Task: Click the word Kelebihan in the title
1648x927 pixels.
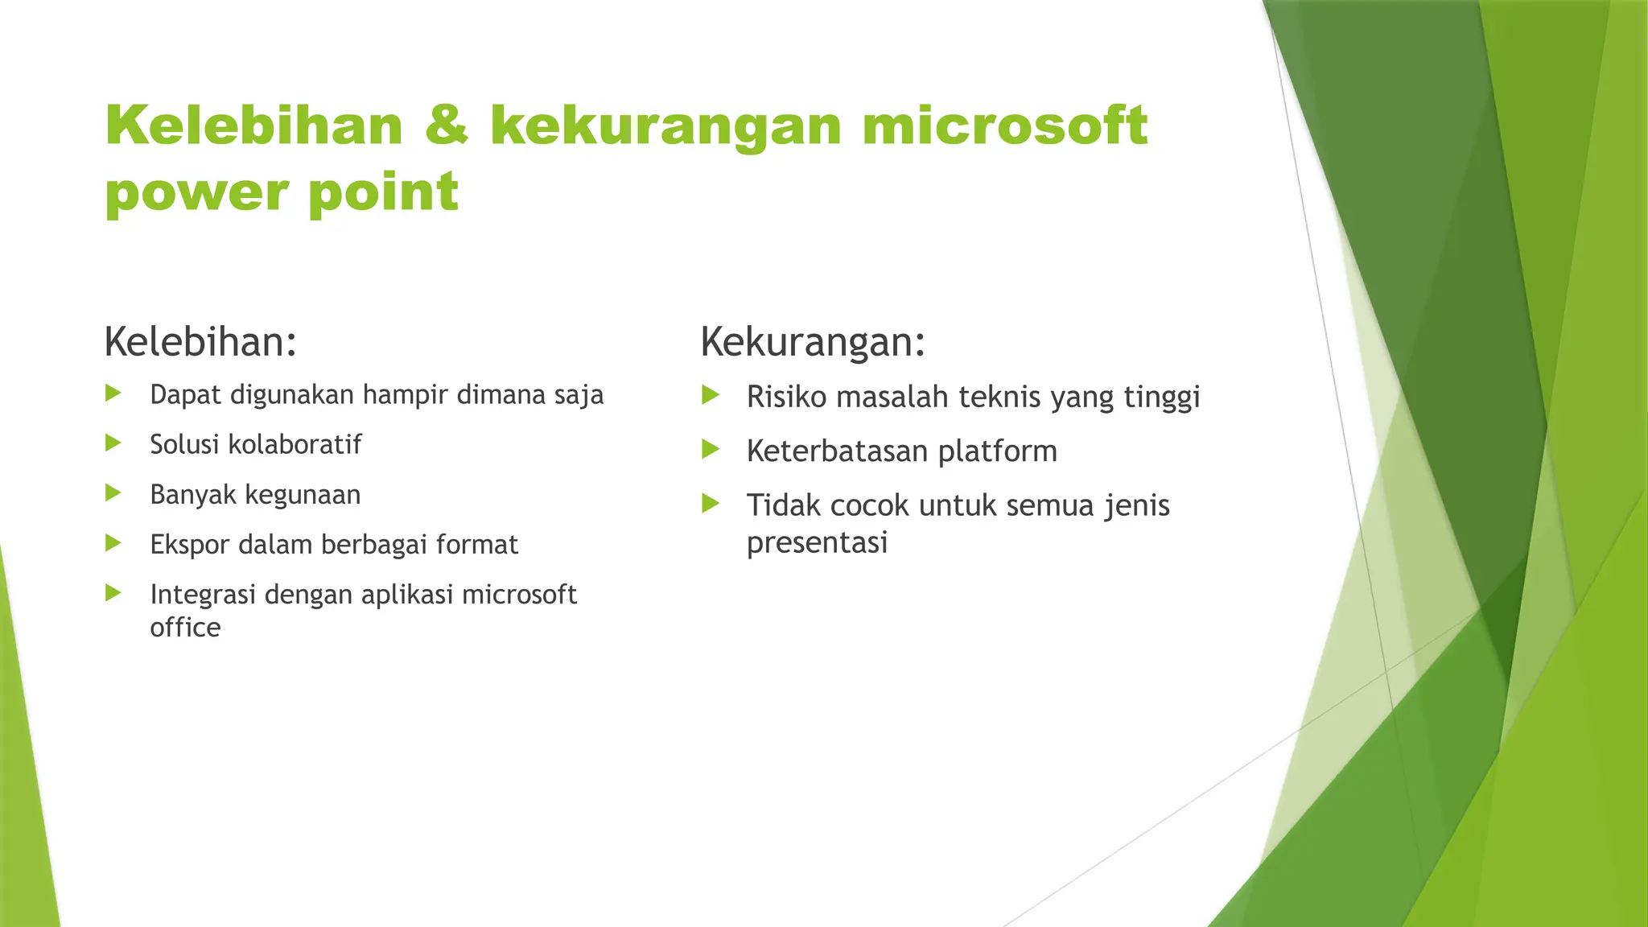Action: tap(253, 126)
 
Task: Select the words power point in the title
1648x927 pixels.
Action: tap(282, 193)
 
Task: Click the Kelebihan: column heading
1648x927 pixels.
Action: tap(200, 342)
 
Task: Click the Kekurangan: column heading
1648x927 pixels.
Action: tap(813, 342)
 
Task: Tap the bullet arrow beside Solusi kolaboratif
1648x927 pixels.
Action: tap(113, 443)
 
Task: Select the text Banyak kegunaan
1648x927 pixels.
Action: tap(255, 494)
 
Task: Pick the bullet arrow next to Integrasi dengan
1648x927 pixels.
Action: tap(113, 593)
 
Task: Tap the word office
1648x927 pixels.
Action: tap(185, 628)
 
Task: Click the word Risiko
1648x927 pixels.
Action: tap(786, 397)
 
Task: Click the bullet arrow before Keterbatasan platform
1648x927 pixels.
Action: tap(711, 449)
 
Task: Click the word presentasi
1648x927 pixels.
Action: tap(817, 543)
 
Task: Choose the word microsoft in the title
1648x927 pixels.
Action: tap(1004, 126)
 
